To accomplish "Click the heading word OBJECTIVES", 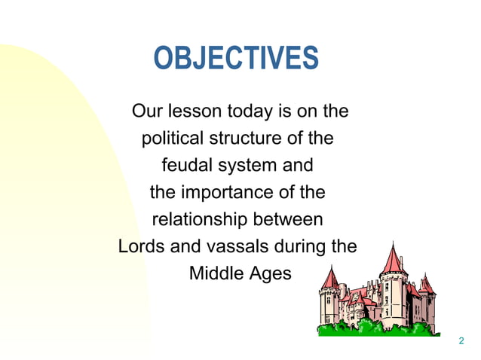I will pyautogui.click(x=236, y=59).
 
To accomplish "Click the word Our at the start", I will pyautogui.click(x=148, y=111).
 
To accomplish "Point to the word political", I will pyautogui.click(x=170, y=139).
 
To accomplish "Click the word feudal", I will pyautogui.click(x=186, y=166).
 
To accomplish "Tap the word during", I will pyautogui.click(x=299, y=247).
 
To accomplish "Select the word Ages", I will pyautogui.click(x=270, y=273).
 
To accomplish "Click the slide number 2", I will pyautogui.click(x=461, y=342).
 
